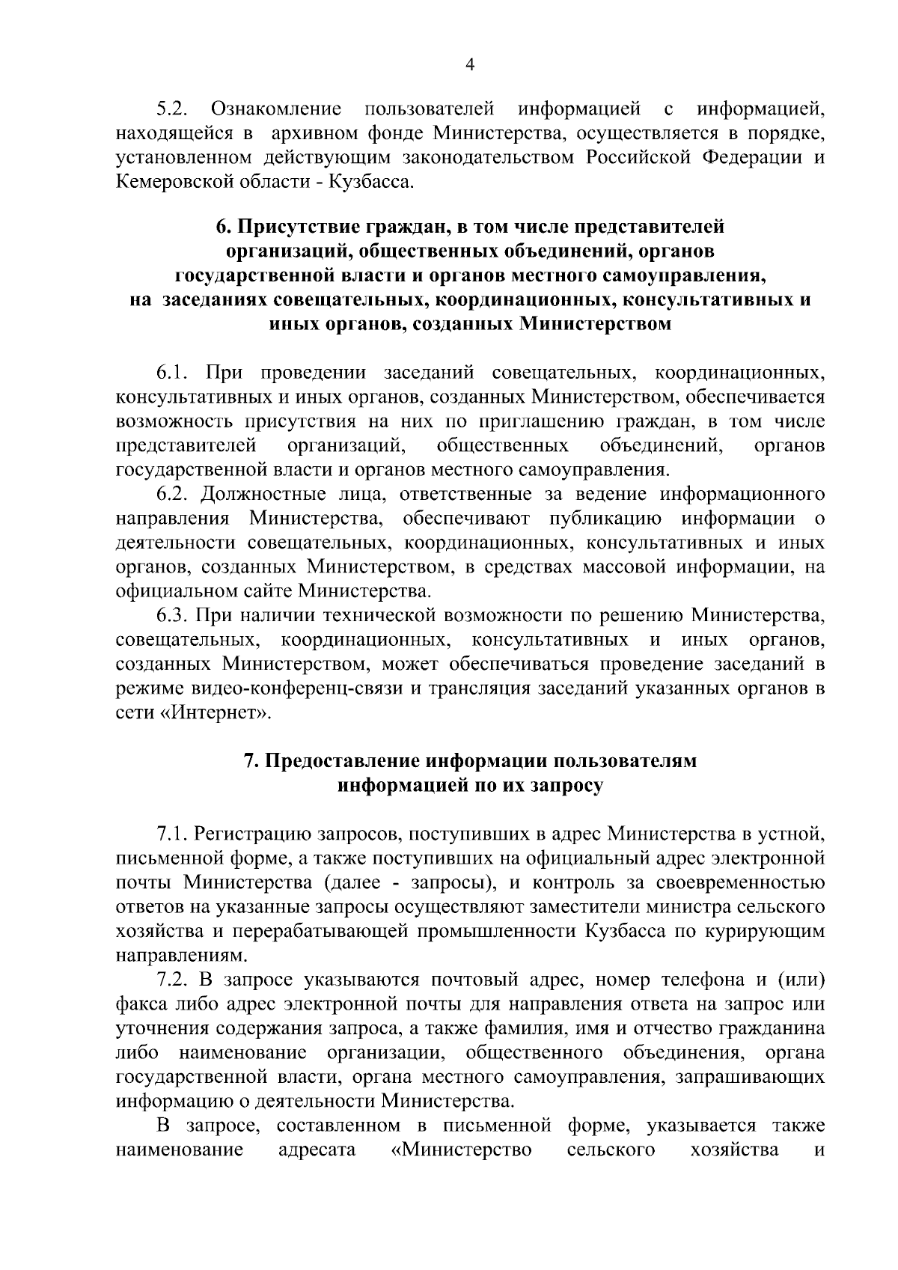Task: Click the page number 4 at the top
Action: (469, 65)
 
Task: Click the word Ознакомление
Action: (276, 110)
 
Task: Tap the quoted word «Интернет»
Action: (214, 712)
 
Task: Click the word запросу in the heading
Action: (566, 786)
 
